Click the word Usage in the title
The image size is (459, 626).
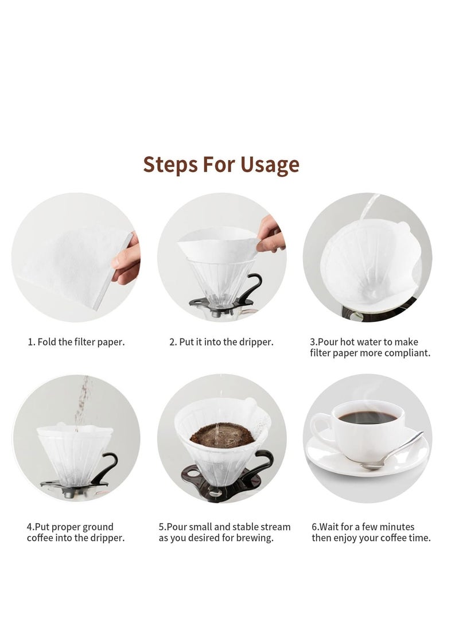270,165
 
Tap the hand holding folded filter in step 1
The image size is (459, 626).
127,262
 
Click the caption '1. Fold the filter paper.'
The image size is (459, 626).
76,342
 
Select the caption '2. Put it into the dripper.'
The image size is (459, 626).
221,342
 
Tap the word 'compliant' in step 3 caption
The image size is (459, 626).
406,353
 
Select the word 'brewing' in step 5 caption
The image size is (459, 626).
255,538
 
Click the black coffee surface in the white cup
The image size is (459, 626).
367,417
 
